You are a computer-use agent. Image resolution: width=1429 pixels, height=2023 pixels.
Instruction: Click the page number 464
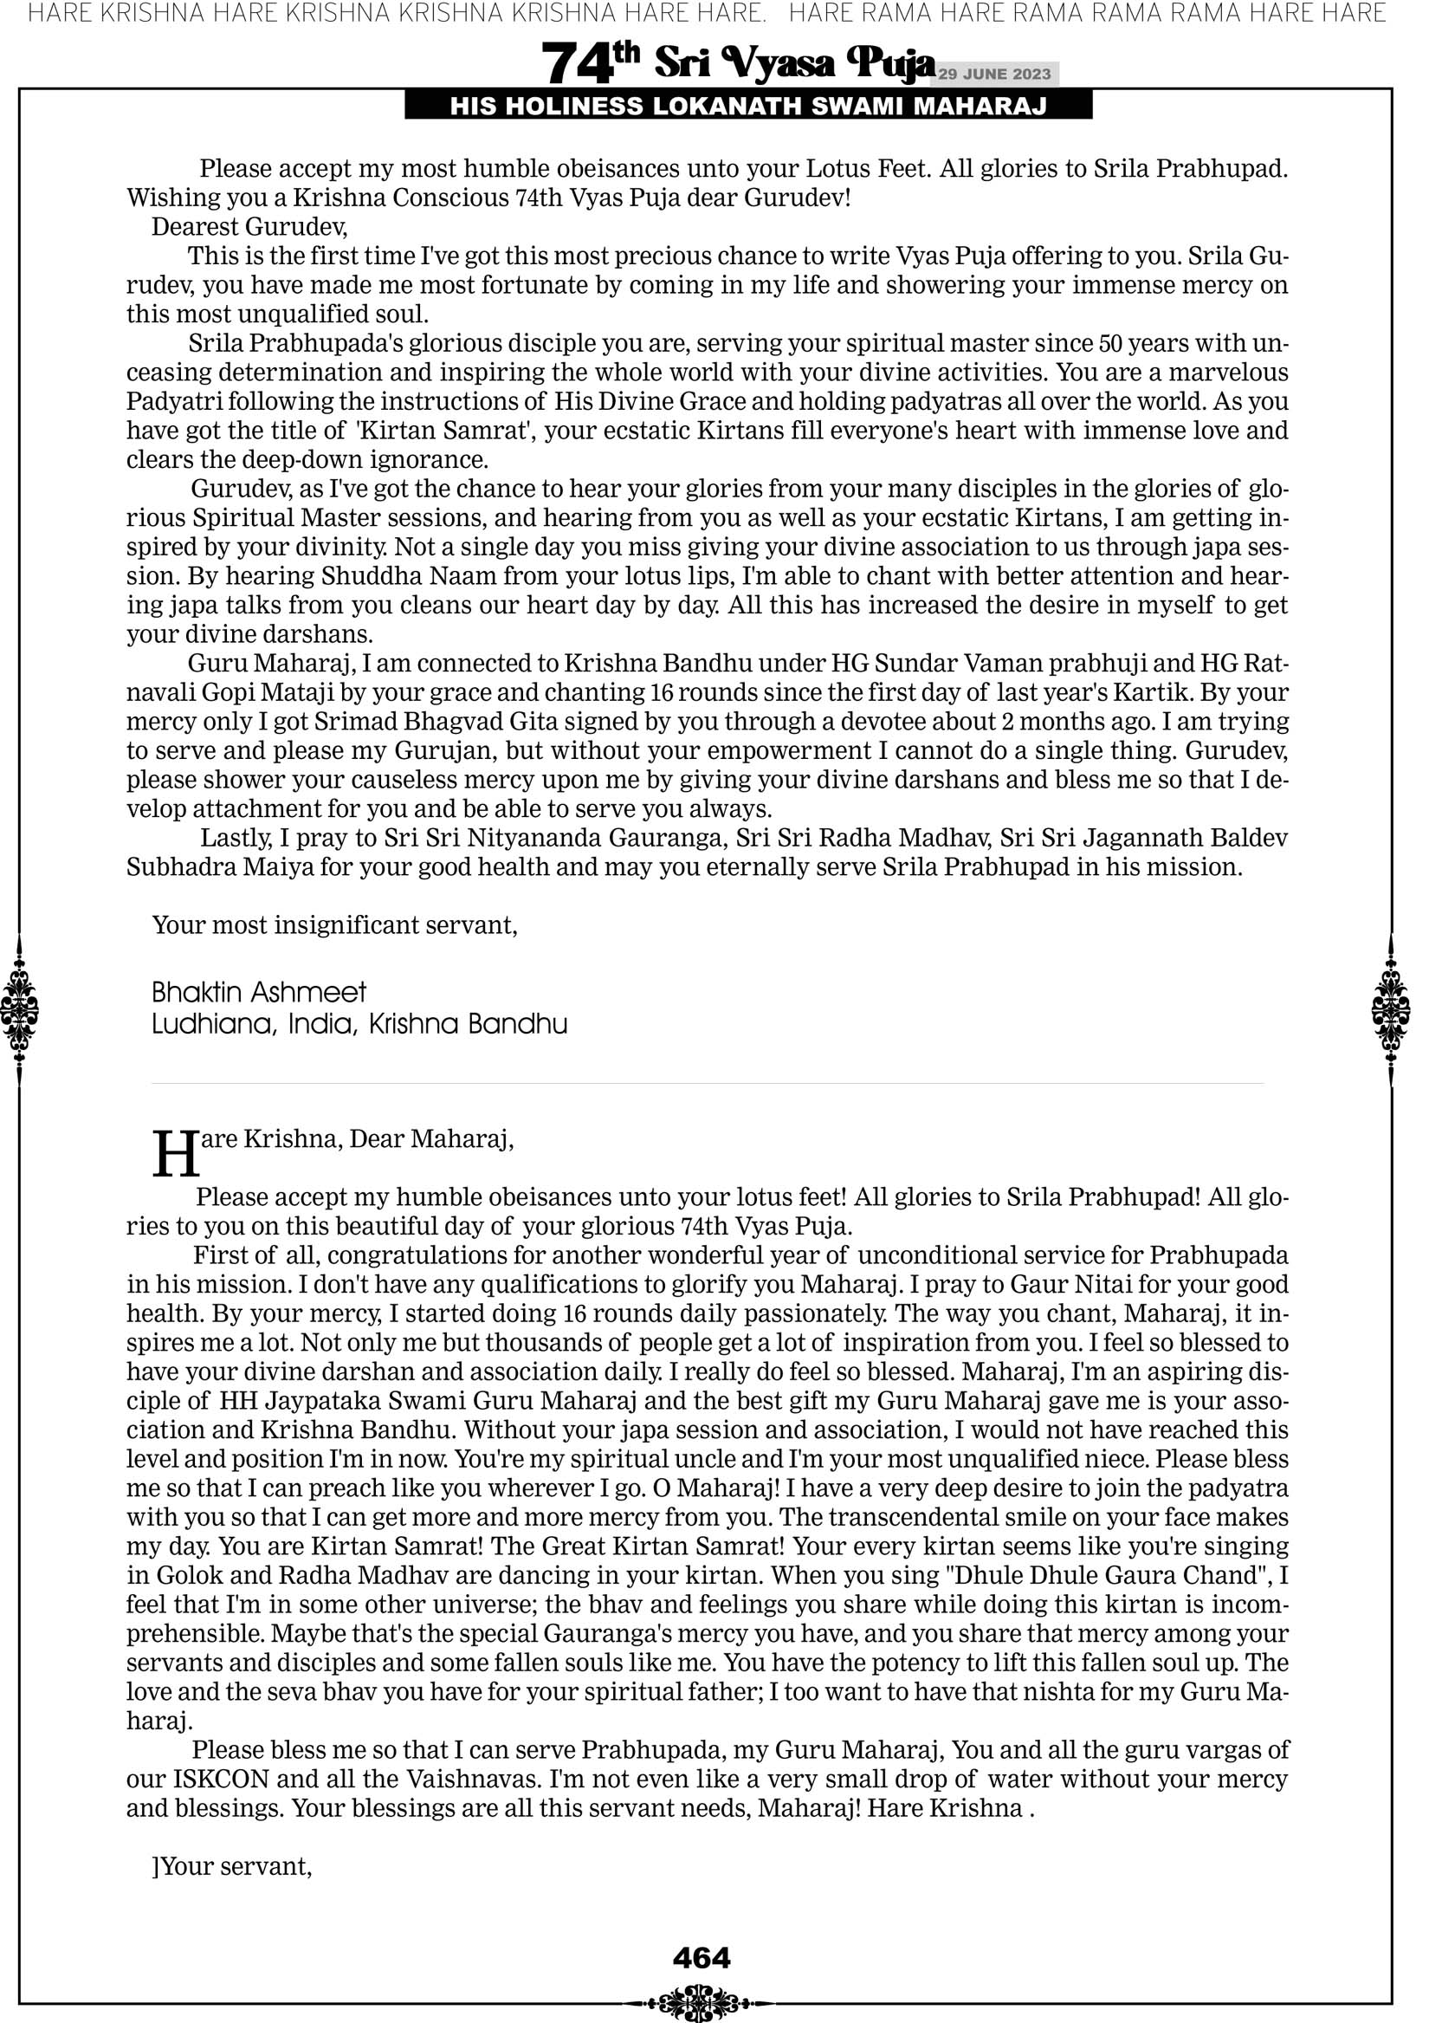pyautogui.click(x=702, y=1958)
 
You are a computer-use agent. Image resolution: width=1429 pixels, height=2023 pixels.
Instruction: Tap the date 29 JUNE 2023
pyautogui.click(x=994, y=74)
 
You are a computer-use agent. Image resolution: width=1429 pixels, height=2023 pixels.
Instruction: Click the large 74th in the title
pyautogui.click(x=589, y=62)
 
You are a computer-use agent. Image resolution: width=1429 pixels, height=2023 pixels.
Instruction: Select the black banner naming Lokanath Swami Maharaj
pyautogui.click(x=748, y=107)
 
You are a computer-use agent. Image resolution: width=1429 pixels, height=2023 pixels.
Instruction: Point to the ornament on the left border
pyautogui.click(x=18, y=1009)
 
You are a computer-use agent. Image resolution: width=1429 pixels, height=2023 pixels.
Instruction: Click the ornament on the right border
pyautogui.click(x=1391, y=1009)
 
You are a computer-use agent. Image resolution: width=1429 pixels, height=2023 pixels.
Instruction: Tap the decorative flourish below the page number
pyautogui.click(x=701, y=2002)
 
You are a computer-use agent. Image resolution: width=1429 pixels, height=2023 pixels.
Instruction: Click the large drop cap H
pyautogui.click(x=176, y=1154)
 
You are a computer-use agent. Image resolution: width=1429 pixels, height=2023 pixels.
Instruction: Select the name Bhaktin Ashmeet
pyautogui.click(x=259, y=993)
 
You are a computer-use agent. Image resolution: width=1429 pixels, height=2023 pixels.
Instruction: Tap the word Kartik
pyautogui.click(x=1152, y=692)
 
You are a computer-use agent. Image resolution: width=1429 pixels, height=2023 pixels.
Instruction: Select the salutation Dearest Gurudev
pyautogui.click(x=249, y=227)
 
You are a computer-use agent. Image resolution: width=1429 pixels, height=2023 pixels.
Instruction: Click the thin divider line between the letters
pyautogui.click(x=708, y=1084)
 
